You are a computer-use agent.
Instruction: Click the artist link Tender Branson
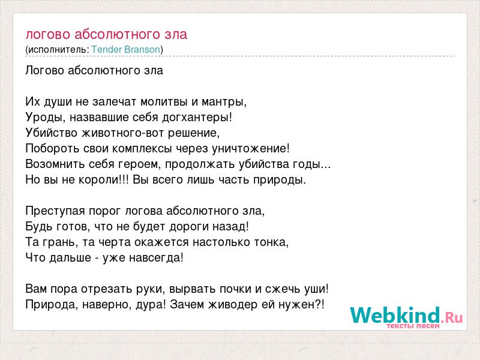(126, 50)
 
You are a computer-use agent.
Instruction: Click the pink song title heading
(106, 34)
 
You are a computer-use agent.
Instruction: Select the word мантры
(224, 102)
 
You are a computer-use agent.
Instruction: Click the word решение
(194, 133)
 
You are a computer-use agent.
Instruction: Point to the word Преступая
(55, 211)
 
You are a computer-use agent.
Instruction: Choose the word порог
(104, 212)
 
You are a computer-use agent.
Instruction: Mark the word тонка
(272, 242)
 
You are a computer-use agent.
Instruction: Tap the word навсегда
(156, 258)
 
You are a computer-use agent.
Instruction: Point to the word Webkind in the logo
(395, 316)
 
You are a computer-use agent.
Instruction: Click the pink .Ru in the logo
(452, 318)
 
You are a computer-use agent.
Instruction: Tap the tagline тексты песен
(413, 326)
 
